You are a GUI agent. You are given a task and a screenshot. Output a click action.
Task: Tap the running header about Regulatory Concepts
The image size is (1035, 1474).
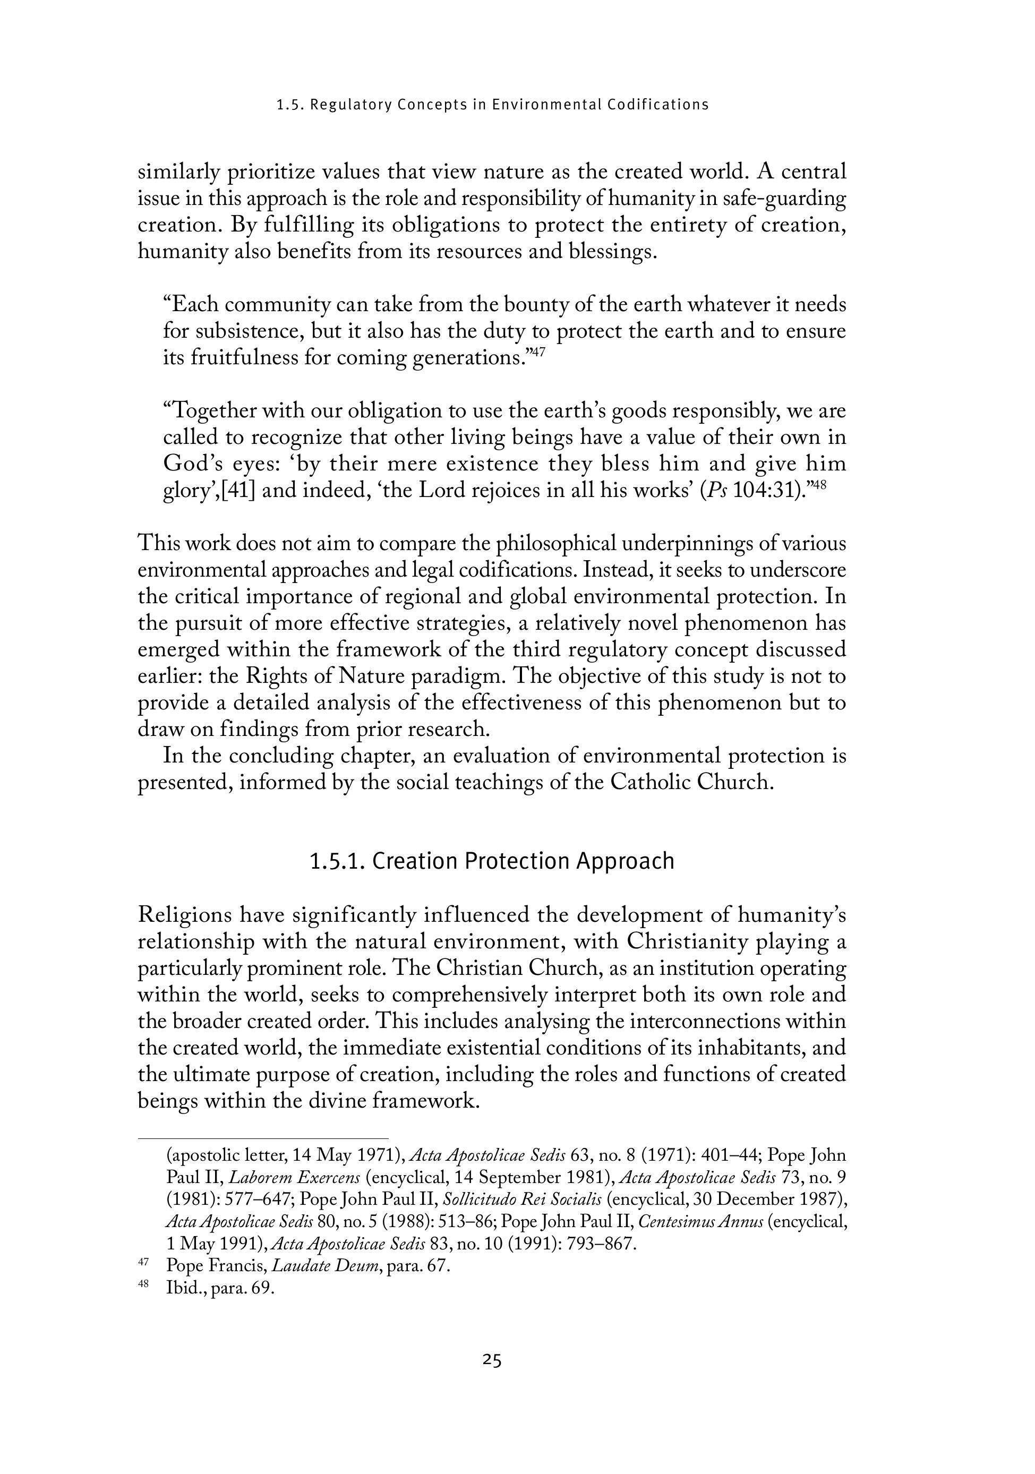(492, 105)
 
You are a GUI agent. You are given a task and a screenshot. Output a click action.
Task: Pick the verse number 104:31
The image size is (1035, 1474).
(767, 491)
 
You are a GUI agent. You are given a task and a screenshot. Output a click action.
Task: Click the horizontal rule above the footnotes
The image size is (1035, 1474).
(263, 1138)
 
